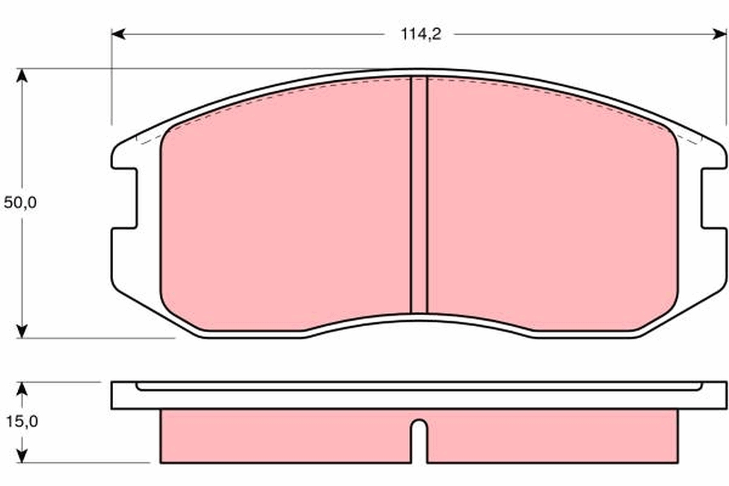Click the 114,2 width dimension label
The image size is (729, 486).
(x=421, y=34)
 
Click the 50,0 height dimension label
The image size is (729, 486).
(x=20, y=202)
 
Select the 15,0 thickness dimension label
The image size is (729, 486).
(x=22, y=422)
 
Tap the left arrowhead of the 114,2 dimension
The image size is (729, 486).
(x=118, y=34)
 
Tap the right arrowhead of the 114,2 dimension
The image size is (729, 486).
(x=719, y=34)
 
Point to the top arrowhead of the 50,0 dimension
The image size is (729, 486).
(x=22, y=76)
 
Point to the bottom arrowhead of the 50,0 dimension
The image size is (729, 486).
(x=22, y=330)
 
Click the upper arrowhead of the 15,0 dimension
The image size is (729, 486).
(x=22, y=389)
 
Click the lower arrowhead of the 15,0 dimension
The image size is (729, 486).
(x=22, y=455)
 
